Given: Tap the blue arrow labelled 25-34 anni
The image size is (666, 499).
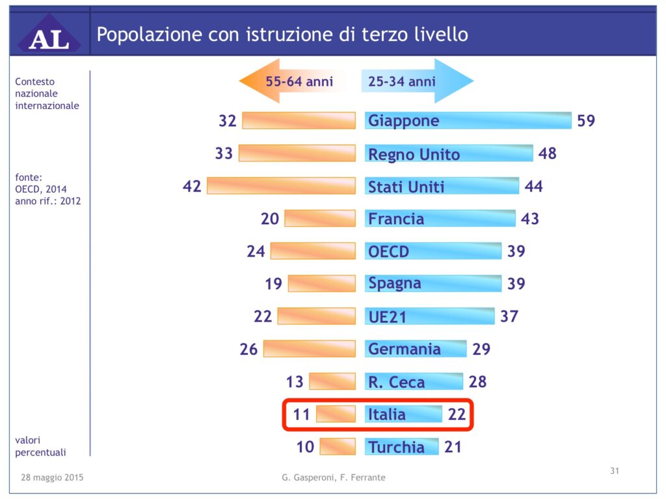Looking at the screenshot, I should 416,81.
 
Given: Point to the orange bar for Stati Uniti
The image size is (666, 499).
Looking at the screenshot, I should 281,186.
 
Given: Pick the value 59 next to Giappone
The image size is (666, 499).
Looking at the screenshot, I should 585,121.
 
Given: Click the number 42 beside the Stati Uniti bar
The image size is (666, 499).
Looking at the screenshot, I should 192,186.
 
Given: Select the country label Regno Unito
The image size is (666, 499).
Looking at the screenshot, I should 414,154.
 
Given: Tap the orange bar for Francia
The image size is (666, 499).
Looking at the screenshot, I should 320,218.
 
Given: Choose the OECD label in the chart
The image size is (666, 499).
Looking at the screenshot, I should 388,251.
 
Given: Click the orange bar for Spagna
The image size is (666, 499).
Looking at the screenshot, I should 321,283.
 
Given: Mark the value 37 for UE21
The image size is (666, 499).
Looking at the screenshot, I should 509,316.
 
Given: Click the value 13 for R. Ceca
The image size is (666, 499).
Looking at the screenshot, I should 295,381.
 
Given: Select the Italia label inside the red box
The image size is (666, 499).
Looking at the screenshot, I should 386,414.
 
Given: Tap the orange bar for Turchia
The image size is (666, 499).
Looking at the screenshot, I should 338,446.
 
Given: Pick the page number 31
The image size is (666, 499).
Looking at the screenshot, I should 614,471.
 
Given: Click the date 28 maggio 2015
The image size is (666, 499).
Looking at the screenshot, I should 52,478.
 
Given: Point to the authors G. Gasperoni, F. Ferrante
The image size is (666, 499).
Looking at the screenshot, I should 334,478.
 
